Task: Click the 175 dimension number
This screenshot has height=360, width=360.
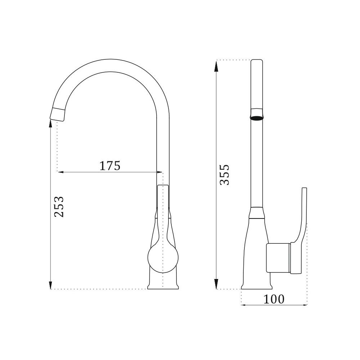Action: [110, 166]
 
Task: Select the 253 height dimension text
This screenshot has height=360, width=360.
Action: [59, 206]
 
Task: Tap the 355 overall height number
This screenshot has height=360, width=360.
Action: [224, 175]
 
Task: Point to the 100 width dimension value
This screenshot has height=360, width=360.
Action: [274, 299]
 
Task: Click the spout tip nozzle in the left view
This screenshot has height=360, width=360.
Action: [58, 114]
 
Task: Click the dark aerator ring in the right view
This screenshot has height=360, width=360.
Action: [257, 118]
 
